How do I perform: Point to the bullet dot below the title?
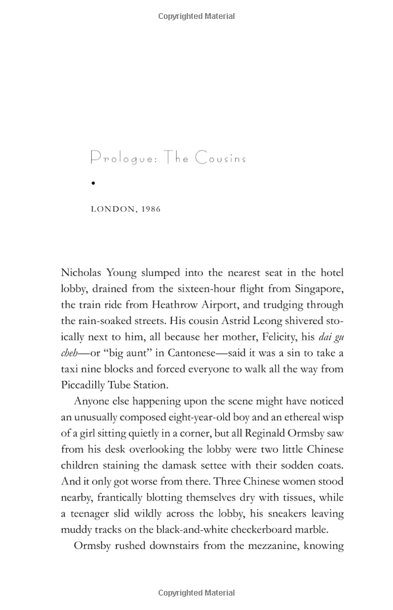tap(94, 183)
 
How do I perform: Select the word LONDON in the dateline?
tap(113, 209)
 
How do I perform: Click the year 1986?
tap(151, 209)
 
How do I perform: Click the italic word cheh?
tap(69, 353)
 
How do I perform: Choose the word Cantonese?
tap(188, 353)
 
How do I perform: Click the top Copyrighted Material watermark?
tap(196, 16)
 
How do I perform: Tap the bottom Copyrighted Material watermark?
tap(196, 593)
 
